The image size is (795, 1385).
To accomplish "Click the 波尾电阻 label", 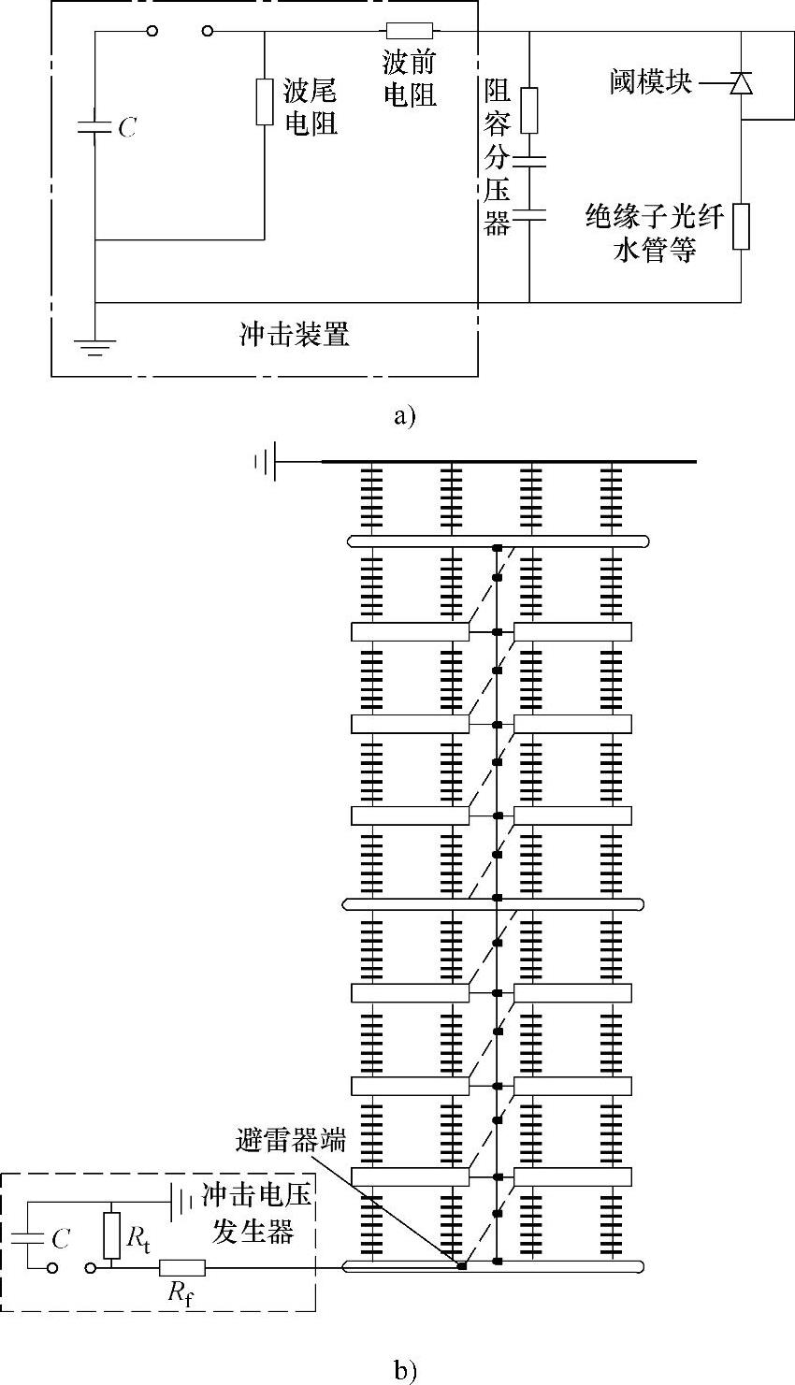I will [310, 107].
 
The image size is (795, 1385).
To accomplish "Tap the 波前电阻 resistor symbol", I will [409, 31].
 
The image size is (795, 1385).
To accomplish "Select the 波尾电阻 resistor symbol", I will [266, 102].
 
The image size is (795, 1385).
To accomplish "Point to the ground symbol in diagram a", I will [95, 348].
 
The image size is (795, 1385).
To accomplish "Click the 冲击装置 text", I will [295, 335].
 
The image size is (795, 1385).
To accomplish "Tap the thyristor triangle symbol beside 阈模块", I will [742, 84].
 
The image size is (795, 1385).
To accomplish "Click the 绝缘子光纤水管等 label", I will [655, 234].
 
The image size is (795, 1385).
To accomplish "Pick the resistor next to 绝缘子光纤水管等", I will [742, 226].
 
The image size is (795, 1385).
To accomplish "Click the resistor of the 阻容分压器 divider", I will [529, 110].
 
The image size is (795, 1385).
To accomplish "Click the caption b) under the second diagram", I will [405, 1372].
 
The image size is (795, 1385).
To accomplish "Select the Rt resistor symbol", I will [111, 1234].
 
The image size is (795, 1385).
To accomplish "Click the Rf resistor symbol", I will [181, 1269].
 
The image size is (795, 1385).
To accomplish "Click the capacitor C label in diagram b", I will [61, 1239].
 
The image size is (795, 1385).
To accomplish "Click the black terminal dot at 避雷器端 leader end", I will [462, 1266].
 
